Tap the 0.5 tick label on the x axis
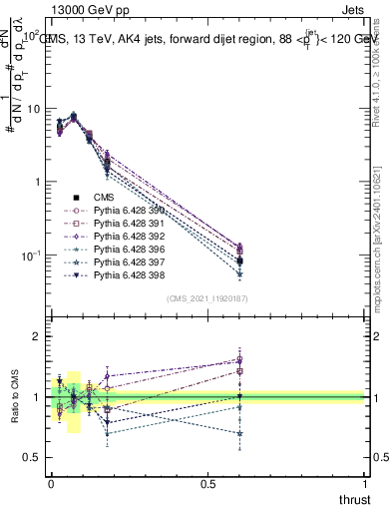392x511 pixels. [208, 483]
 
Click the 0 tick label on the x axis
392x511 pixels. [50, 483]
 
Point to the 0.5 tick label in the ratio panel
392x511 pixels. [32, 457]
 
